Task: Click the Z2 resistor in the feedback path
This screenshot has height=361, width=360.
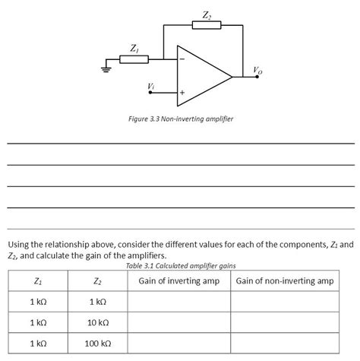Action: (207, 26)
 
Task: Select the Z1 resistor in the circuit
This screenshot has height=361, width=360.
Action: (134, 59)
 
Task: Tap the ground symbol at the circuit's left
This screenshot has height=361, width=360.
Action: (107, 71)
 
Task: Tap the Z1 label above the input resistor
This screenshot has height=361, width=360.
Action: (134, 47)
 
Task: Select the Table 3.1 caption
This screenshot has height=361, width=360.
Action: (181, 266)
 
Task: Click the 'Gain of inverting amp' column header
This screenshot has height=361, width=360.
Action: (178, 281)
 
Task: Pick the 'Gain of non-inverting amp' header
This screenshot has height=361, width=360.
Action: (285, 281)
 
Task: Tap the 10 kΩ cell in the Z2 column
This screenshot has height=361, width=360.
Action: (96, 323)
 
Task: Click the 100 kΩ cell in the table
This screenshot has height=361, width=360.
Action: (96, 344)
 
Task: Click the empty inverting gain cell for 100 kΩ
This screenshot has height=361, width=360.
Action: (178, 344)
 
